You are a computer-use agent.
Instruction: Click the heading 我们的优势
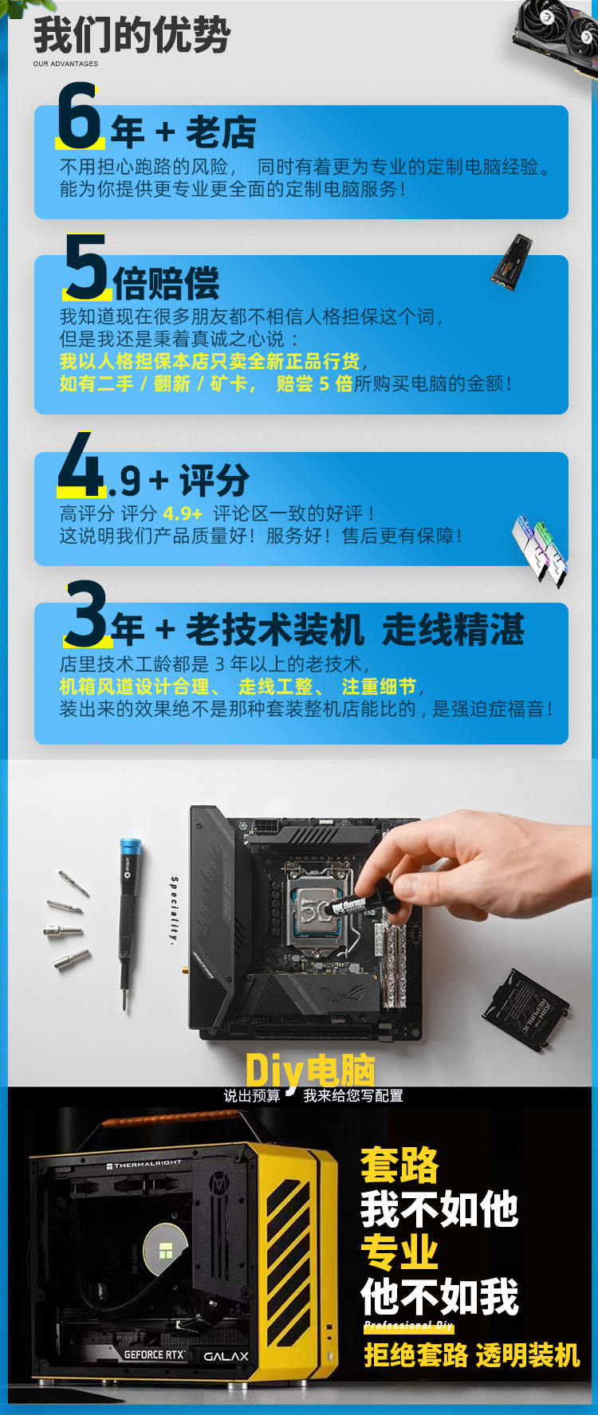(x=132, y=35)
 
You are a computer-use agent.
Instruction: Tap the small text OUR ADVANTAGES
(x=65, y=64)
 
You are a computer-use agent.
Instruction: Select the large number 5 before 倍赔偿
(x=86, y=266)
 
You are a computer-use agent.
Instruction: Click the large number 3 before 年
(x=87, y=613)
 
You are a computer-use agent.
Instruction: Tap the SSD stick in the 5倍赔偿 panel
(x=511, y=261)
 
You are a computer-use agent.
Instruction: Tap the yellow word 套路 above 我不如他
(x=399, y=1165)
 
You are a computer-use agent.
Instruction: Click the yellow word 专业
(x=399, y=1252)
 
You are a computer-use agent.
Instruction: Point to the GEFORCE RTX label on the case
(x=154, y=1354)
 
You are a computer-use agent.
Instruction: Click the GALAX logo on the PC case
(x=226, y=1356)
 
